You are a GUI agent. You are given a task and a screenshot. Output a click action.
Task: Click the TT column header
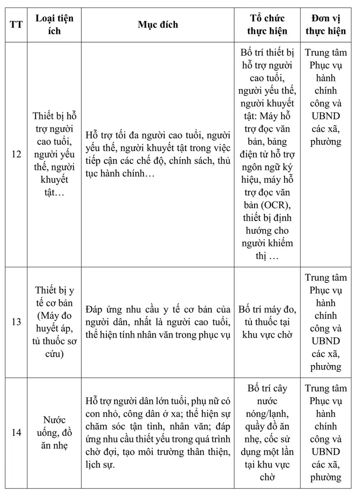[x=16, y=25]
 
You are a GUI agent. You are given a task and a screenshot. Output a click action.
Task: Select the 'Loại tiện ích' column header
[x=54, y=25]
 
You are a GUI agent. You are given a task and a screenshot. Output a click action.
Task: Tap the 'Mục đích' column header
[x=158, y=25]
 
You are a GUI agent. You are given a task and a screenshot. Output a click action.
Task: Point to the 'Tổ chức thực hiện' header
[x=267, y=25]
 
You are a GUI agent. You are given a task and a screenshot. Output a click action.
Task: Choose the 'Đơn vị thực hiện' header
[x=325, y=25]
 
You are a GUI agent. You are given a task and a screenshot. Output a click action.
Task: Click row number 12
[x=16, y=154]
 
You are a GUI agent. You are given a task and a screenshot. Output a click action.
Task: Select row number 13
[x=16, y=322]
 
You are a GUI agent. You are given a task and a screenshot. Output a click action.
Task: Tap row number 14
[x=16, y=432]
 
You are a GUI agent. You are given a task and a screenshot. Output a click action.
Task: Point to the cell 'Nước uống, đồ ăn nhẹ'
[x=54, y=432]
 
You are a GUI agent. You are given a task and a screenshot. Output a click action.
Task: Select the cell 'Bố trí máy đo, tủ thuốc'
[x=267, y=322]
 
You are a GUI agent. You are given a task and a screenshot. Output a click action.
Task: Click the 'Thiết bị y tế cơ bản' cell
[x=54, y=322]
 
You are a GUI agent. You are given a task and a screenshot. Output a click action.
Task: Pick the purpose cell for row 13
[x=158, y=322]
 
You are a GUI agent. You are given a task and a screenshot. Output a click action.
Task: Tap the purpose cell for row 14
[x=158, y=433]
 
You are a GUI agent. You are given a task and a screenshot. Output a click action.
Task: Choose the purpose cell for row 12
[x=158, y=154]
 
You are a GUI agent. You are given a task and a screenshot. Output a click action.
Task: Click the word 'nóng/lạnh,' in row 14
[x=267, y=414]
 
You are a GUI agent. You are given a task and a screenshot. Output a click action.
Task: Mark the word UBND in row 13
[x=325, y=341]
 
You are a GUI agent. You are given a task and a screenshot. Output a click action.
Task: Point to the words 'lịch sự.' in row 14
[x=100, y=465]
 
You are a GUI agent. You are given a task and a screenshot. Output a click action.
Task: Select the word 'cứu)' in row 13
[x=54, y=354]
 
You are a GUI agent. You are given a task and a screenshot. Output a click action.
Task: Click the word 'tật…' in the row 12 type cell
[x=54, y=192]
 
